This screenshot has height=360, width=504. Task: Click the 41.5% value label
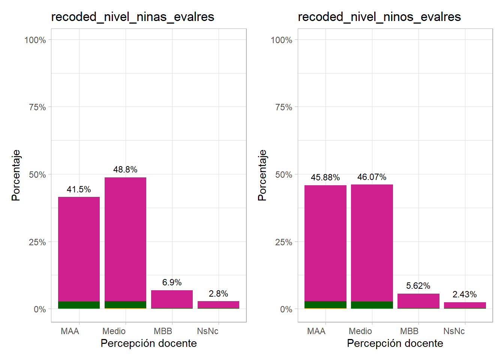coord(79,189)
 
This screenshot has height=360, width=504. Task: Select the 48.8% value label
coord(125,169)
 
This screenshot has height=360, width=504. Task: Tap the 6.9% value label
coord(172,282)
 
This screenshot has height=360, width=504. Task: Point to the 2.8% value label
coord(218,294)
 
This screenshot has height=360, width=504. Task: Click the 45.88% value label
coord(325,177)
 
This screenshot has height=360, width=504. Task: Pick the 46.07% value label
coord(372,177)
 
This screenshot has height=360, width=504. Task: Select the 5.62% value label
coord(418,286)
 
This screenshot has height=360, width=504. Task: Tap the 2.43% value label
coord(465,294)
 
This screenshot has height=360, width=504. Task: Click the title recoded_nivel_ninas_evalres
coord(132,17)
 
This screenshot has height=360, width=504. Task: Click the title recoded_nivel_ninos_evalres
coord(379,17)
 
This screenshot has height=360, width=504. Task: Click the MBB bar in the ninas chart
coord(172,299)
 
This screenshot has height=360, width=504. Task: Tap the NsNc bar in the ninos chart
coord(465,305)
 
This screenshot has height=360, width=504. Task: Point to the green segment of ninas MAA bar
coord(79,305)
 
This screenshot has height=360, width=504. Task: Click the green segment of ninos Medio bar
coord(372,305)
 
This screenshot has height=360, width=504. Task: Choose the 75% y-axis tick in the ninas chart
coord(37,107)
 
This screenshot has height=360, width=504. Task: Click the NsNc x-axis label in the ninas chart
coord(207,331)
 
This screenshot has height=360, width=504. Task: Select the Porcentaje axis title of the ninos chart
coord(262,175)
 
